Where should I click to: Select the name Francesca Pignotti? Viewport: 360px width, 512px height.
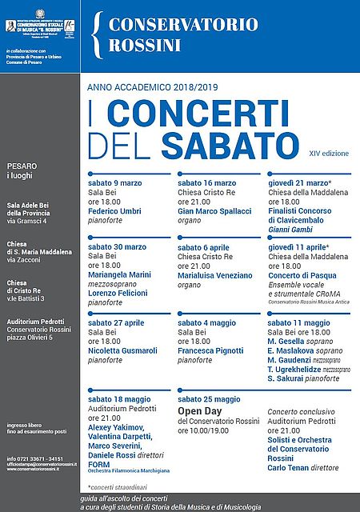point(211,350)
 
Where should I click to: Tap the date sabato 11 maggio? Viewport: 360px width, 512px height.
point(298,322)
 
